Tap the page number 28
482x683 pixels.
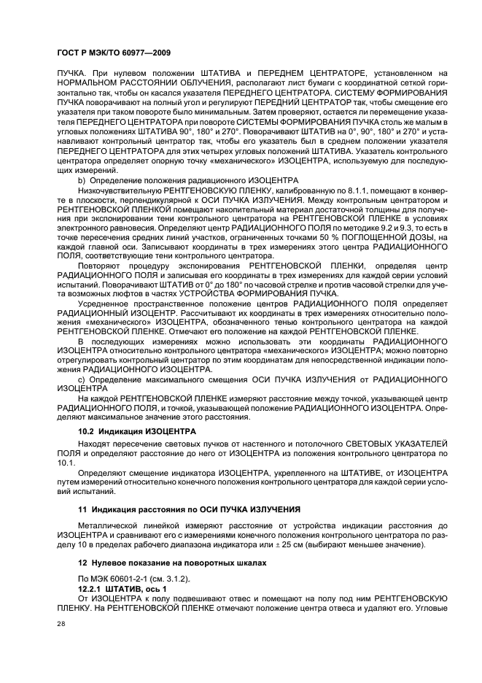click(61, 623)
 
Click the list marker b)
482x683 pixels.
click(82, 180)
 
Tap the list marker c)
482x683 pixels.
click(82, 379)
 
